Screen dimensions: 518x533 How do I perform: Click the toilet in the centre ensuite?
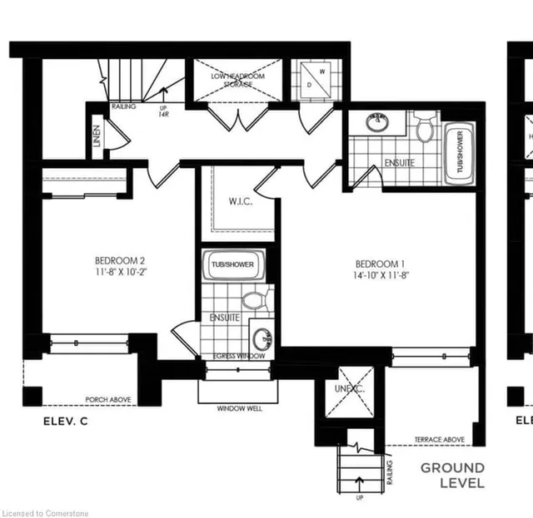pyautogui.click(x=252, y=298)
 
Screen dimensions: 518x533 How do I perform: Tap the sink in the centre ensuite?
pyautogui.click(x=262, y=338)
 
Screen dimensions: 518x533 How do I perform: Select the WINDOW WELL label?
pyautogui.click(x=237, y=409)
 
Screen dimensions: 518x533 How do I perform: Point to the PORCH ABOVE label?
pyautogui.click(x=108, y=400)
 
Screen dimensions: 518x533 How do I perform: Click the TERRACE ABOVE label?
pyautogui.click(x=439, y=440)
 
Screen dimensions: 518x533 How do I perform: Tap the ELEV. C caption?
pyautogui.click(x=65, y=422)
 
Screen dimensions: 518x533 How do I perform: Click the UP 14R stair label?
pyautogui.click(x=162, y=111)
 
